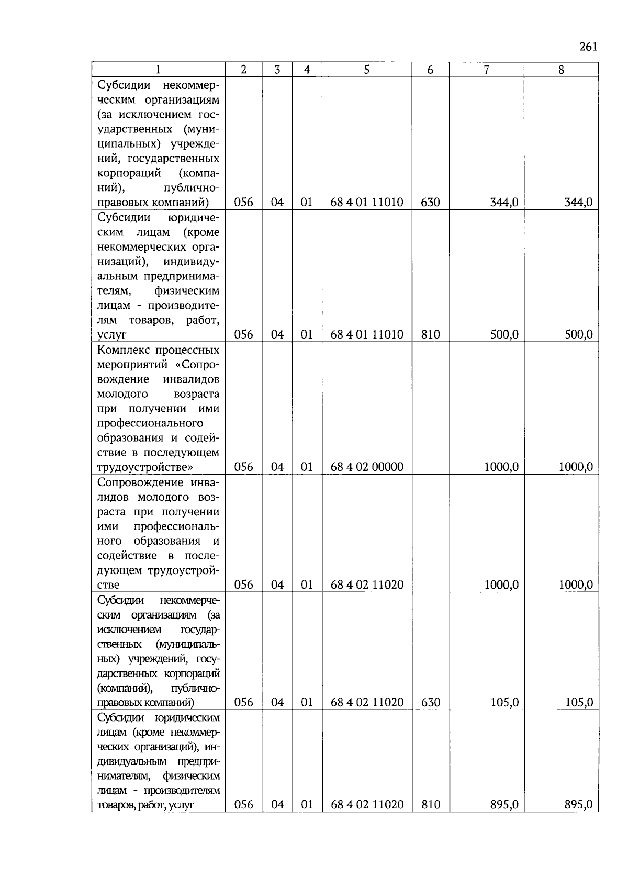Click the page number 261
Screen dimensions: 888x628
click(x=588, y=47)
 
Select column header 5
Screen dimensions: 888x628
click(x=366, y=70)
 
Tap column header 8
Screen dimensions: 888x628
click(x=561, y=70)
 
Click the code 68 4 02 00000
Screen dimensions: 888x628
click(x=367, y=467)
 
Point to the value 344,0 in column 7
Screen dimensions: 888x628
click(x=504, y=203)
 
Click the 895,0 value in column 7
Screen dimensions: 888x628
click(x=504, y=805)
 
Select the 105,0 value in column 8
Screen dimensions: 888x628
click(x=578, y=703)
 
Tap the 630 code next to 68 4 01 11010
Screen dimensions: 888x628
click(x=430, y=203)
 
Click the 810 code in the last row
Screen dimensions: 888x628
click(x=430, y=805)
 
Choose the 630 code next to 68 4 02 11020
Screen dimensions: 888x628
click(x=430, y=703)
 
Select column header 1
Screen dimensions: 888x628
click(x=158, y=70)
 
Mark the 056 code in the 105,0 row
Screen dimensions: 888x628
click(x=243, y=703)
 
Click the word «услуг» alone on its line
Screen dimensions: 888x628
click(x=112, y=335)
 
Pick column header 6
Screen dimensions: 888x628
click(x=430, y=70)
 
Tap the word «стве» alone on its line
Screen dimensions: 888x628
click(x=108, y=585)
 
